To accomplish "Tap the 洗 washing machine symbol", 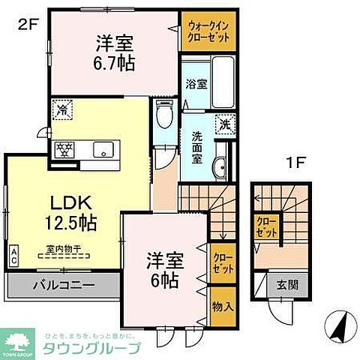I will pyautogui.click(x=223, y=124).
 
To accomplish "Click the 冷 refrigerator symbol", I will pyautogui.click(x=61, y=111).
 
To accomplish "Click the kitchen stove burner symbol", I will pyautogui.click(x=62, y=148).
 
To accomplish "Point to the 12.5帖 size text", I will pyautogui.click(x=71, y=223).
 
